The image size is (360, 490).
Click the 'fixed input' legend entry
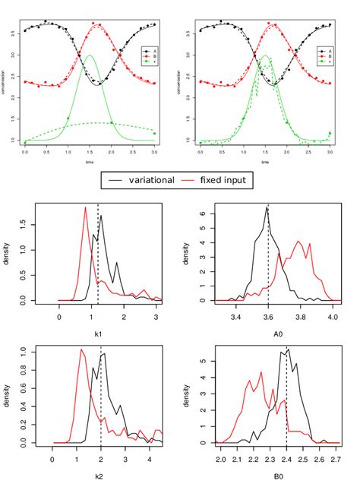coord(228,180)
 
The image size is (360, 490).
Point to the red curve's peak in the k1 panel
coord(86,207)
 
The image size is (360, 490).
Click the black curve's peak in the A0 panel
coord(267,207)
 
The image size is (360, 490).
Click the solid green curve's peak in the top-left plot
coord(90,55)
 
